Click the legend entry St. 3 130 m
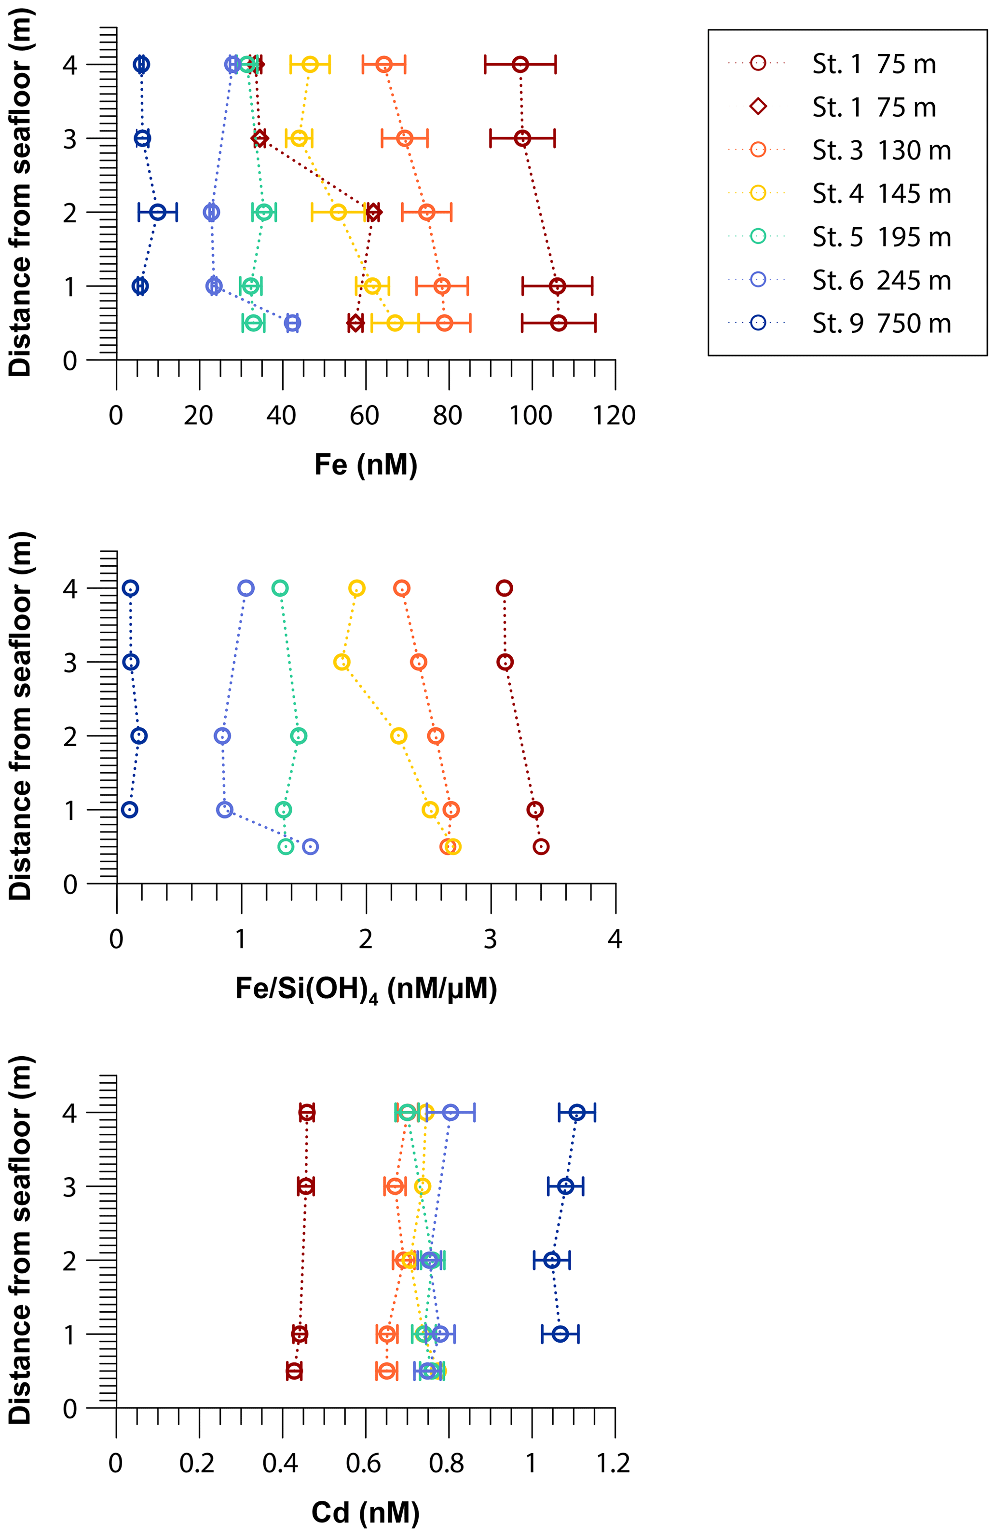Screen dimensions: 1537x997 pos(881,150)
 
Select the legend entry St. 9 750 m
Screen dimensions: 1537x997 pos(881,324)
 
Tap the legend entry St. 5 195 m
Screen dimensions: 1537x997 pos(881,237)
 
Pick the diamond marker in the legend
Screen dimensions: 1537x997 pos(758,107)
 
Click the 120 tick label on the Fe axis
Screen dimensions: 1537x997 pos(614,416)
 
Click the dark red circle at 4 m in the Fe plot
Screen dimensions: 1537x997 pos(520,65)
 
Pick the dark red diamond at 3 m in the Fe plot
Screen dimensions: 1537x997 pos(259,138)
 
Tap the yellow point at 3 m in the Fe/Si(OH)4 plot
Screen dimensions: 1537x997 pos(341,662)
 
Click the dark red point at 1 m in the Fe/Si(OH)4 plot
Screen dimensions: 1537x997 pos(534,809)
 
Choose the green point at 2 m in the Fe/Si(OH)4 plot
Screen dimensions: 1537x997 pos(298,735)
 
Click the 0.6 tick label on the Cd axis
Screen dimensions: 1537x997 pos(364,1463)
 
